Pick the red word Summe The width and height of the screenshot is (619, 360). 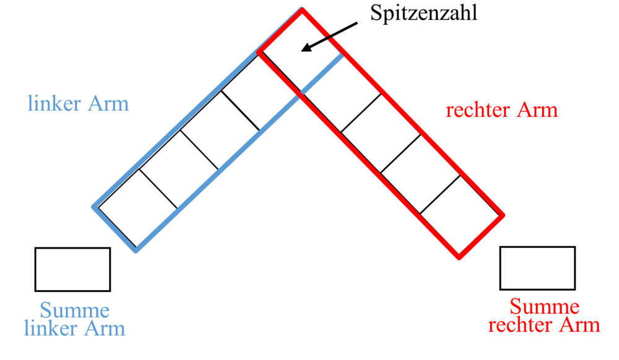pos(544,306)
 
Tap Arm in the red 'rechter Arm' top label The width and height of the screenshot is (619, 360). pos(535,110)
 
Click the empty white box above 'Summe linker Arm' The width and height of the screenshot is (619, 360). pos(72,269)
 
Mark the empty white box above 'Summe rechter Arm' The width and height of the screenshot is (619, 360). pos(537,268)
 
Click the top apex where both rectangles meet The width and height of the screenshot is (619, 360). pos(302,9)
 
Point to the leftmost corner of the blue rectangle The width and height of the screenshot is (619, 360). pos(93,207)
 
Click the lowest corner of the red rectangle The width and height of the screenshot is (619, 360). pos(460,259)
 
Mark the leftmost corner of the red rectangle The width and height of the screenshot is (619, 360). pos(258,53)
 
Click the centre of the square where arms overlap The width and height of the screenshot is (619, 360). pos(301,52)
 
